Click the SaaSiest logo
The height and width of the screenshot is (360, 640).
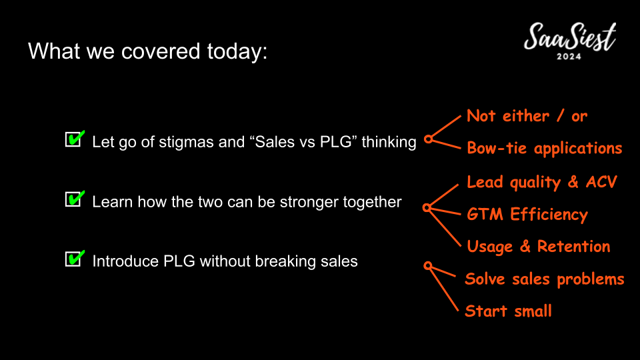point(570,41)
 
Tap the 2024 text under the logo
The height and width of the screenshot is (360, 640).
point(569,56)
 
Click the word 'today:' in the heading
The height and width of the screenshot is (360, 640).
point(237,52)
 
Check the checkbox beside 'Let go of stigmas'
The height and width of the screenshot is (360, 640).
point(75,139)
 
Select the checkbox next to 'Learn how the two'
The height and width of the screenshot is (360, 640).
point(75,199)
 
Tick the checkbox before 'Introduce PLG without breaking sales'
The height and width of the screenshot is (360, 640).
point(75,259)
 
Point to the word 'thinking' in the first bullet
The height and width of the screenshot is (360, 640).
point(389,143)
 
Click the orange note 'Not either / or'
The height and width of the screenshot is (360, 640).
point(527,116)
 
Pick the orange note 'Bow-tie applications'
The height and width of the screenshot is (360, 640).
point(545,148)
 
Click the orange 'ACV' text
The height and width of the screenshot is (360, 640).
point(601,182)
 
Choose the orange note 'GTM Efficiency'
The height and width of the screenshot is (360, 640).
point(527,214)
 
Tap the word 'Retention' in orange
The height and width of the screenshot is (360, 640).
point(573,247)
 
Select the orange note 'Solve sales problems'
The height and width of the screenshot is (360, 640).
point(545,279)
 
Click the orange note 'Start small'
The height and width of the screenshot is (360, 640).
point(509,311)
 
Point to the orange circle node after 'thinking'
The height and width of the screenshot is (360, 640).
point(428,139)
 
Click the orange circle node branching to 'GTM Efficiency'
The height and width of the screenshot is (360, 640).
point(427,208)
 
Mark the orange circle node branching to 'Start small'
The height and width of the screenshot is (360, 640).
point(428,266)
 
